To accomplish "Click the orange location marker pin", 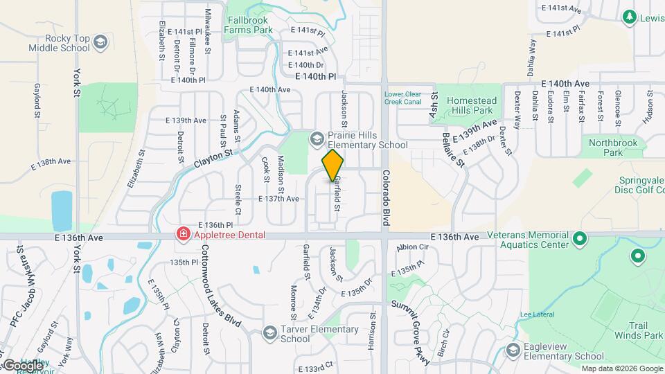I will click(x=332, y=166).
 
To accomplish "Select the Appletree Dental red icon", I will click(x=183, y=235).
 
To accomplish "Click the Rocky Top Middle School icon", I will click(x=100, y=43).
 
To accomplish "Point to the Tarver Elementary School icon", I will click(x=269, y=334).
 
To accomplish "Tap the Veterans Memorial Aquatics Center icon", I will click(x=580, y=240).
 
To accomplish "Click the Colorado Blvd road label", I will click(x=387, y=197).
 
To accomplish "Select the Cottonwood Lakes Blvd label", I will click(x=221, y=291).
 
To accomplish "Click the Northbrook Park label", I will click(x=608, y=147).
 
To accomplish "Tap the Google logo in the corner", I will click(x=22, y=365).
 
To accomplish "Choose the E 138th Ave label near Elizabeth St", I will click(x=51, y=161).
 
